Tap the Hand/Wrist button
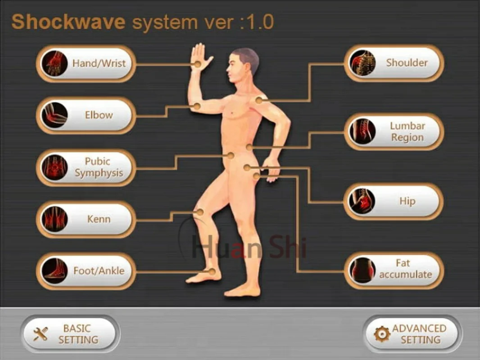[86, 63]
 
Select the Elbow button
[86, 115]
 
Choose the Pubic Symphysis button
[86, 167]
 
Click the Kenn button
[86, 220]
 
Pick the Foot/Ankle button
[86, 271]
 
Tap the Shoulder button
[394, 63]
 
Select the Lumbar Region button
[394, 132]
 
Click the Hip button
[394, 201]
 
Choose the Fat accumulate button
[394, 269]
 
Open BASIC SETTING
[70, 334]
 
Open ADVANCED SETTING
[412, 334]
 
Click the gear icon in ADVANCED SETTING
[382, 334]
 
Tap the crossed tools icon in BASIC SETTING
[41, 334]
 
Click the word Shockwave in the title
[68, 22]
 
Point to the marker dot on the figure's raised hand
[197, 64]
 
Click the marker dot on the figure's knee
[200, 212]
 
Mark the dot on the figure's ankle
[212, 271]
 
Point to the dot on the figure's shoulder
[258, 100]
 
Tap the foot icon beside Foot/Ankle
[54, 271]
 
